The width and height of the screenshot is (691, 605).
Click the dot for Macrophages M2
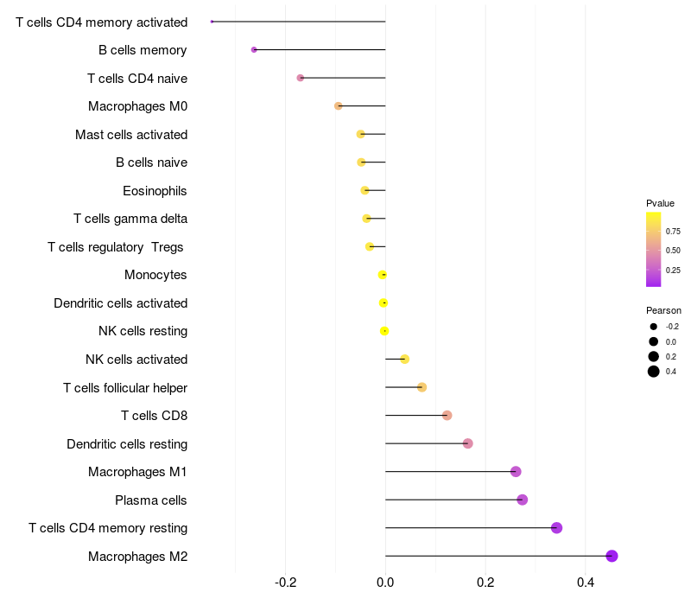(x=612, y=556)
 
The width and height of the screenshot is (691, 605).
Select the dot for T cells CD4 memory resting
(x=556, y=528)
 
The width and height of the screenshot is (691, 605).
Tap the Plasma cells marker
(x=522, y=500)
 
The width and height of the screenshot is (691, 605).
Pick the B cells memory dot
(x=254, y=49)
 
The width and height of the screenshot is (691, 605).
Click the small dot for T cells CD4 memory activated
(x=212, y=22)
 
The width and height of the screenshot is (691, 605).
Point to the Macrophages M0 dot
(x=339, y=105)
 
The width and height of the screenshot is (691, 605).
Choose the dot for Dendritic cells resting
(x=467, y=443)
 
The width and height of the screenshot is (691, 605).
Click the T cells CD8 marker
(x=447, y=416)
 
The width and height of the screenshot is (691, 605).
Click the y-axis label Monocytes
(x=155, y=275)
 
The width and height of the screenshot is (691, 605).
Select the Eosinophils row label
(x=155, y=190)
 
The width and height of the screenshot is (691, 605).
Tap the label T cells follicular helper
(x=125, y=387)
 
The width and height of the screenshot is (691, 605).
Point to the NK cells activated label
(x=136, y=360)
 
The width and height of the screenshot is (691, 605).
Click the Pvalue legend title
(x=660, y=203)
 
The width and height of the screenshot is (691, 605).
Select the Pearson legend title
(x=663, y=310)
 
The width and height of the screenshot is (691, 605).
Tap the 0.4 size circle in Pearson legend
(x=654, y=372)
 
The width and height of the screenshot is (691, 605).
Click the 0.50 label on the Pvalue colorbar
(x=673, y=251)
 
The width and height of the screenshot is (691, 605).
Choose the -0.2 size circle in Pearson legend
(x=654, y=327)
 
